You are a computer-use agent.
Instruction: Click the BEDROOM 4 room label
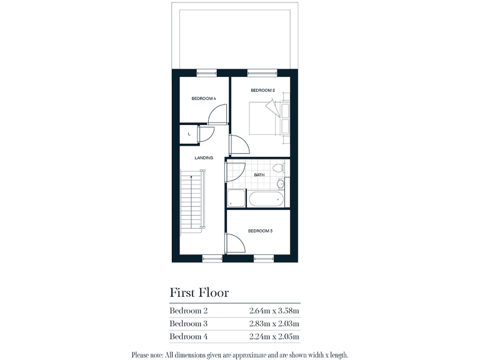[204, 98]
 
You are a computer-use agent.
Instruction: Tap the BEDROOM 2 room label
[263, 90]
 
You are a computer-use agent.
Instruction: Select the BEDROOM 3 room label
[260, 231]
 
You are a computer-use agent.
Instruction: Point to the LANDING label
[204, 157]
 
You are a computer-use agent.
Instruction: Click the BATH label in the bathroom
[259, 175]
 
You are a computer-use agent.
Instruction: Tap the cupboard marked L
[189, 134]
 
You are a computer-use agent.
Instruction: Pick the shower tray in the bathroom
[236, 199]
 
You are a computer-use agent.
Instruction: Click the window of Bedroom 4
[206, 72]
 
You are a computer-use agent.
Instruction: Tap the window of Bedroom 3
[263, 257]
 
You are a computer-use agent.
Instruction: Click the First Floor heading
[199, 292]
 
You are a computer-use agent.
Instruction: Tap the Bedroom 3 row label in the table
[188, 324]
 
